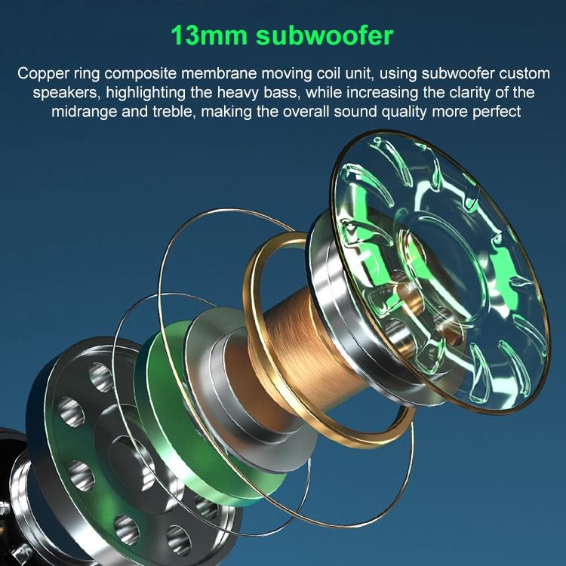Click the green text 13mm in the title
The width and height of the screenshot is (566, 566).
point(209,36)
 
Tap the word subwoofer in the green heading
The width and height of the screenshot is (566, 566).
point(325,35)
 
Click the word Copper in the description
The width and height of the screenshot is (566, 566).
point(43,74)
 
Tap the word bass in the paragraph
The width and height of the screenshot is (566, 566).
point(283,92)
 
